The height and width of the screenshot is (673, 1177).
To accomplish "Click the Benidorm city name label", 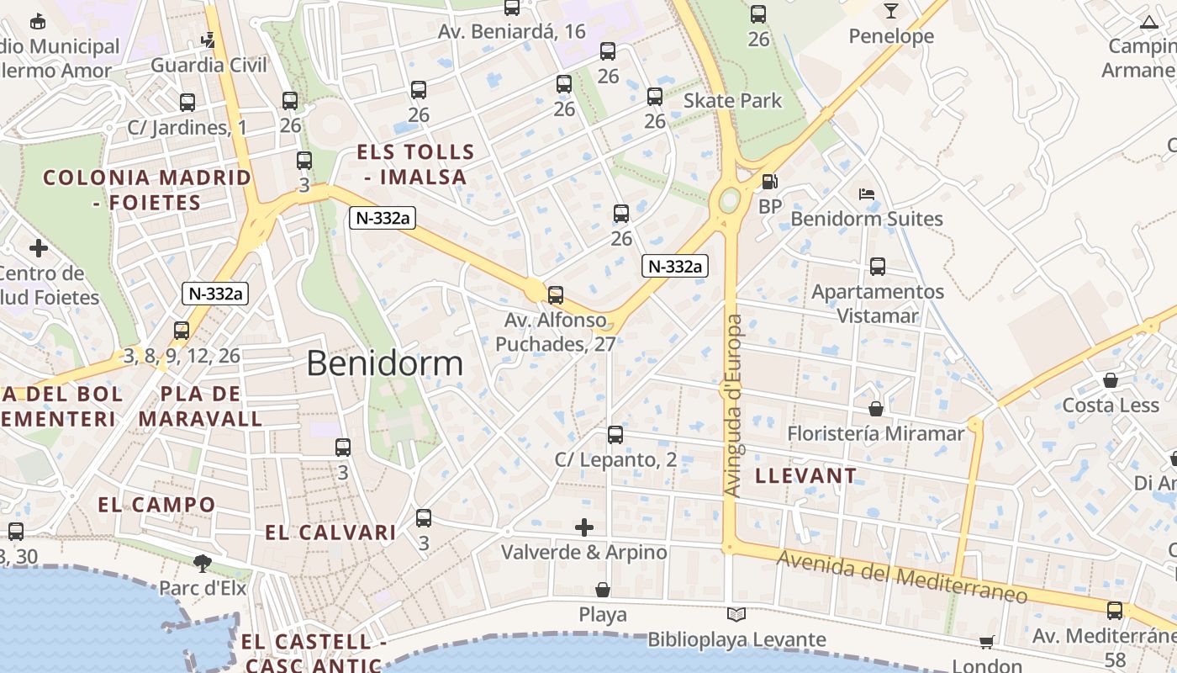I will click(384, 363).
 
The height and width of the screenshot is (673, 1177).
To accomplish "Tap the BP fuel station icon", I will click(768, 182).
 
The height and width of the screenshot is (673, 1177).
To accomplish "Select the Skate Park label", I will click(732, 101).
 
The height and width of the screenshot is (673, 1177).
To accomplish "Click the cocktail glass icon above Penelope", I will click(890, 11).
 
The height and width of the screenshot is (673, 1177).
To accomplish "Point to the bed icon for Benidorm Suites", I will click(867, 193).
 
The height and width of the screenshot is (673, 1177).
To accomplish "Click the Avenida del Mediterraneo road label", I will click(901, 576).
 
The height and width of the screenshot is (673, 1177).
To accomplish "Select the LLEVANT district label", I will click(805, 476).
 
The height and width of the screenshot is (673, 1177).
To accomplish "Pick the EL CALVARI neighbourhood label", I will click(330, 533).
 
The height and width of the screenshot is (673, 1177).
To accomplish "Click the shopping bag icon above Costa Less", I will click(1110, 380).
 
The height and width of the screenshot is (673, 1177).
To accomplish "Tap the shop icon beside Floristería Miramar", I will click(876, 409).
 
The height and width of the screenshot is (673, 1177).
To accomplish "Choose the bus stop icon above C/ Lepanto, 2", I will click(615, 435).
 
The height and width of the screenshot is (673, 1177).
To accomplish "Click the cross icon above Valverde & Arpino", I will click(584, 528).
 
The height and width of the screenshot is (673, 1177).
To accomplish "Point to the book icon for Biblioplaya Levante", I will click(736, 615).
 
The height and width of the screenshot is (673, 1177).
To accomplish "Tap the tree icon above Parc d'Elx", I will click(202, 563).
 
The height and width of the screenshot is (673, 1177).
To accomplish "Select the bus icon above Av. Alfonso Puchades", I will click(555, 295).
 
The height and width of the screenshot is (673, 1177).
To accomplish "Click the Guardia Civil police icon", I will click(208, 40).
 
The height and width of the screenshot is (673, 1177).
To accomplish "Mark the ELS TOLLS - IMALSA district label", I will click(415, 165).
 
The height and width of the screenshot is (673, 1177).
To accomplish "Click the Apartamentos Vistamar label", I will click(877, 304).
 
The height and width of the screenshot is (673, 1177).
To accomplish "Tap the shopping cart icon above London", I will click(986, 643).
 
